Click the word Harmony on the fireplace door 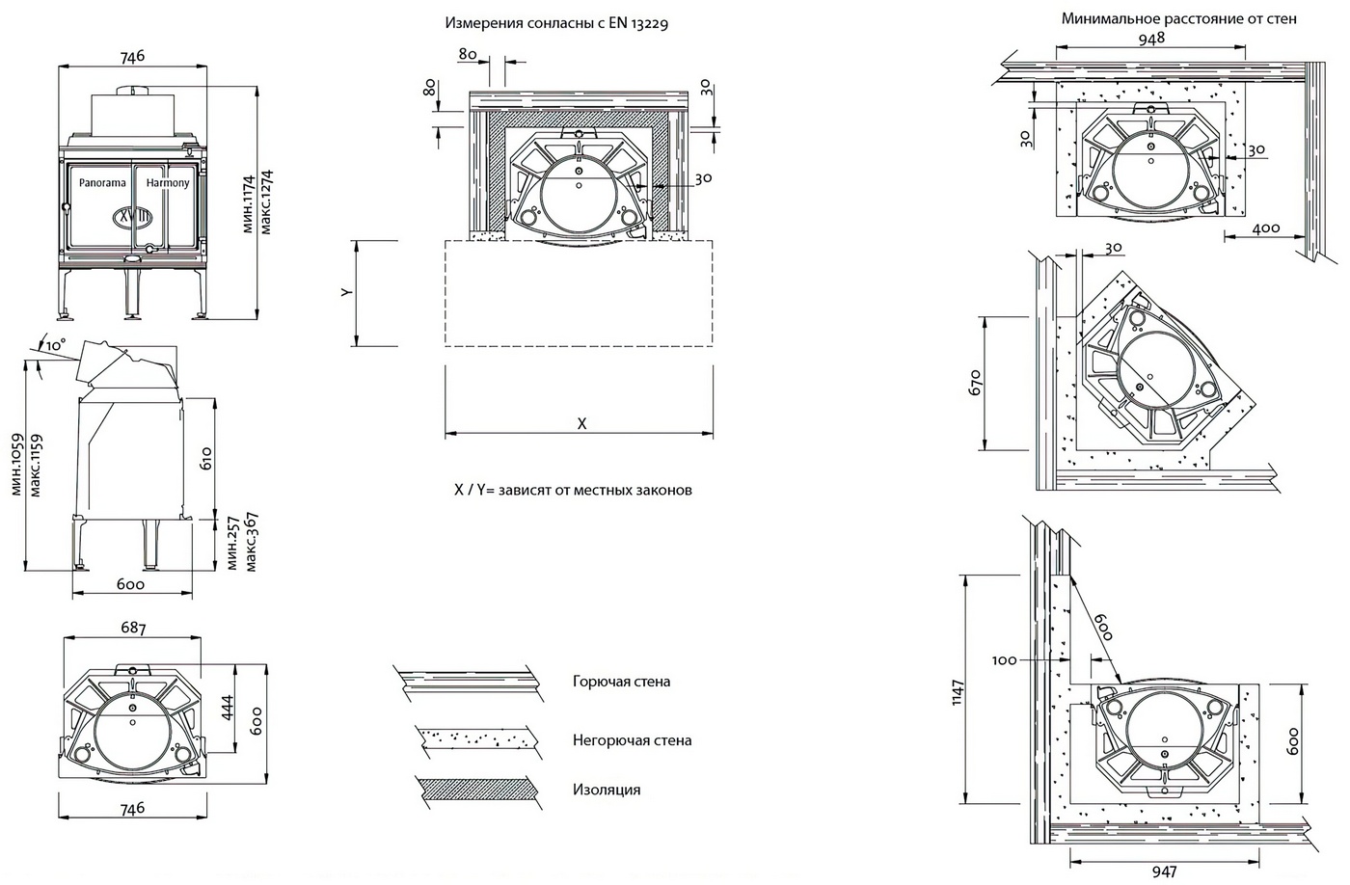pos(168,182)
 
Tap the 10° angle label pos(56,343)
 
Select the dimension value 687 pos(133,629)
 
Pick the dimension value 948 pos(1150,39)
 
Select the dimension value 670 pos(975,383)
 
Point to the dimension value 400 pos(1266,228)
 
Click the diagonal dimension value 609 pos(1102,630)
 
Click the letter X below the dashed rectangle pos(581,423)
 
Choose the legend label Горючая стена pos(621,682)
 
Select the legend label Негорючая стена pos(632,740)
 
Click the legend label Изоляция pos(606,790)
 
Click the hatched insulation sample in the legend pos(471,789)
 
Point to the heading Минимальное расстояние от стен pos(1178,18)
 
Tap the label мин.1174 pos(248,204)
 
